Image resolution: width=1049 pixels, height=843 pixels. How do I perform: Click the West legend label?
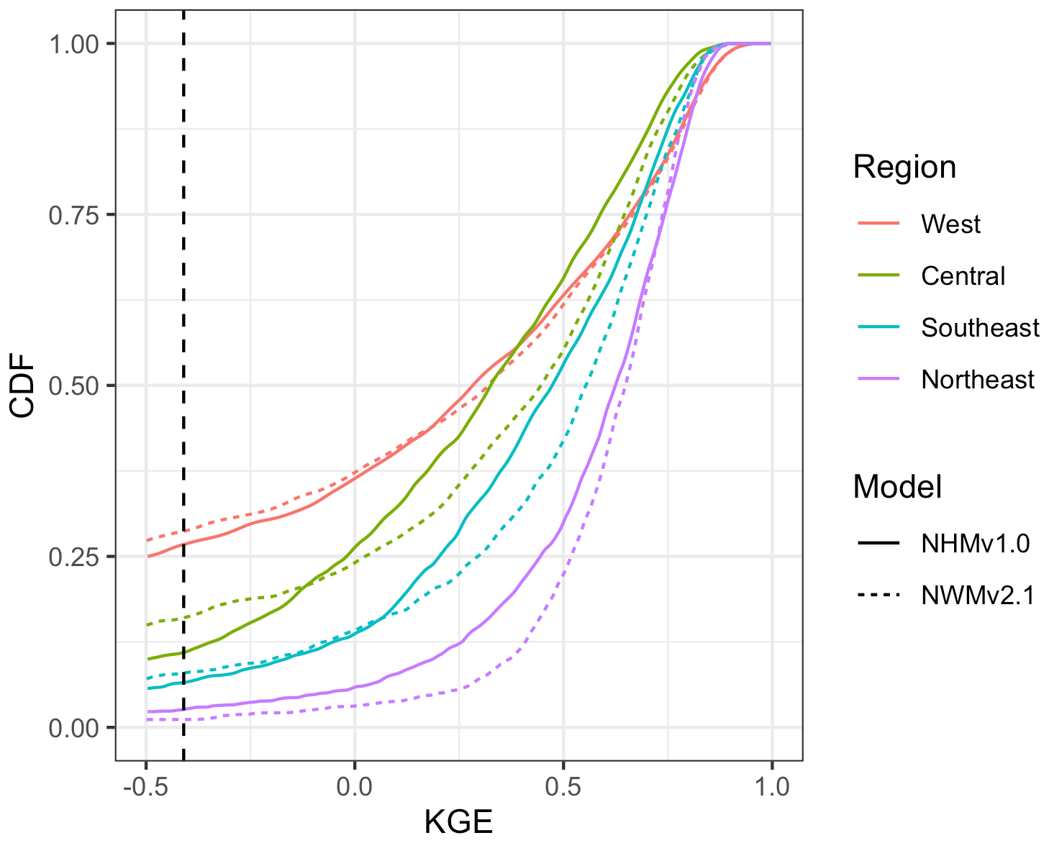pyautogui.click(x=950, y=224)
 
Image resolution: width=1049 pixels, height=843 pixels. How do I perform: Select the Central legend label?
pyautogui.click(x=963, y=276)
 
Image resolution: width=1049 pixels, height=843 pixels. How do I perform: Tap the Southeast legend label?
pyautogui.click(x=980, y=328)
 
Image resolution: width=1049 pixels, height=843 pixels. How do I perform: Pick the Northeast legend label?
pyautogui.click(x=977, y=380)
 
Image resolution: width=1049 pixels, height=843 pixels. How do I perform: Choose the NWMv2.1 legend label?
pyautogui.click(x=978, y=595)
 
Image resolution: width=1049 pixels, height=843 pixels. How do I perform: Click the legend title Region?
pyautogui.click(x=904, y=168)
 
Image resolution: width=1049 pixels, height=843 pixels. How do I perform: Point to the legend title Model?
pyautogui.click(x=897, y=488)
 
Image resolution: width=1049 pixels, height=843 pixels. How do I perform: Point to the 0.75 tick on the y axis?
pyautogui.click(x=73, y=215)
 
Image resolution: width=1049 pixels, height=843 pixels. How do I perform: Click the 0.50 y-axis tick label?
pyautogui.click(x=73, y=386)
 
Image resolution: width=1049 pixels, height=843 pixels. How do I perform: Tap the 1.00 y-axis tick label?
pyautogui.click(x=73, y=45)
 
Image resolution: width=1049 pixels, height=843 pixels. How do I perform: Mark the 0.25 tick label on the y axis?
pyautogui.click(x=73, y=557)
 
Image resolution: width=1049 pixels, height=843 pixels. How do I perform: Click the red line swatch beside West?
pyautogui.click(x=878, y=224)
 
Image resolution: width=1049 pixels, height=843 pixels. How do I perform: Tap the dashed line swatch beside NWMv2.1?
pyautogui.click(x=878, y=595)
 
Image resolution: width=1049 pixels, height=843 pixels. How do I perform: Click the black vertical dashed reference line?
pyautogui.click(x=183, y=360)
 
